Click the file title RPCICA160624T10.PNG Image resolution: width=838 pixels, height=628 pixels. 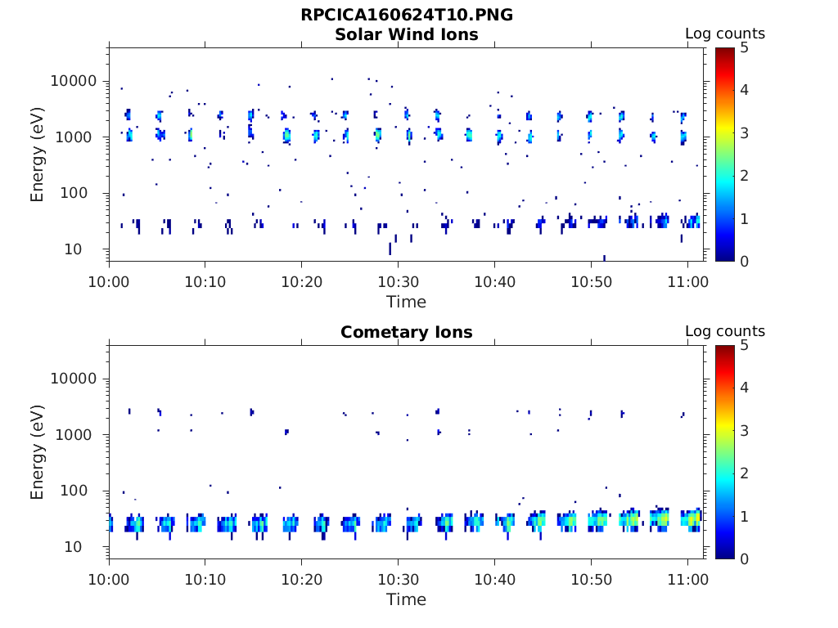pos(407,15)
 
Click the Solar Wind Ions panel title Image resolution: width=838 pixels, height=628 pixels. pos(407,34)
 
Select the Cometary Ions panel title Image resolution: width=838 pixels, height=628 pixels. pos(407,332)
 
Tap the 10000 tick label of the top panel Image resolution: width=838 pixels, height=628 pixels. pos(74,82)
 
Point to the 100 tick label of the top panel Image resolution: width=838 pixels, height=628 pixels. pos(82,194)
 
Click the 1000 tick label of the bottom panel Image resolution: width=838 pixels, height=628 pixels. pos(78,435)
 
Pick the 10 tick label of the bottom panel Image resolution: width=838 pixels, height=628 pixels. pos(86,547)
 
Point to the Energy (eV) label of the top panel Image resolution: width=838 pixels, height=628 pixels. pos(38,155)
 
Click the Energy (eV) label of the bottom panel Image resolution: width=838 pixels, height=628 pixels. pos(38,452)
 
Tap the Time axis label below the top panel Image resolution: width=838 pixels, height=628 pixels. pos(407,302)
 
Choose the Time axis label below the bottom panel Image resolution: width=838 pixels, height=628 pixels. pos(407,599)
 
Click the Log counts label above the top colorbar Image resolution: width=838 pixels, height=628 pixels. pos(725,34)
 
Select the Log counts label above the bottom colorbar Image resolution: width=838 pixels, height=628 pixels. pos(725,331)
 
